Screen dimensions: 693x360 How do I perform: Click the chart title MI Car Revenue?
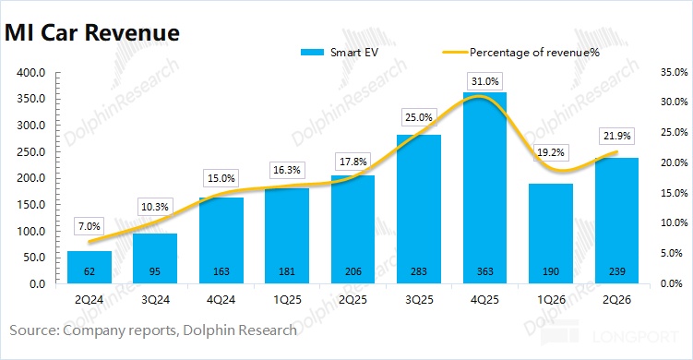92,32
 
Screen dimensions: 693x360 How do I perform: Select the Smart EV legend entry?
340,53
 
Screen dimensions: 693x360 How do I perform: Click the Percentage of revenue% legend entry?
521,53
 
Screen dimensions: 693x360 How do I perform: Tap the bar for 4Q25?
484,187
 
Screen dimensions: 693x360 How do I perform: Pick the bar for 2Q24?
90,267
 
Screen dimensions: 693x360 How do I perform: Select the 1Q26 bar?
551,234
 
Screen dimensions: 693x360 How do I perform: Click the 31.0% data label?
484,81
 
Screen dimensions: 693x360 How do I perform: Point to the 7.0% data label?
90,226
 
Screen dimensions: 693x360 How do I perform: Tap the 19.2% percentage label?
551,152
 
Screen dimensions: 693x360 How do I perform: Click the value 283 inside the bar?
419,271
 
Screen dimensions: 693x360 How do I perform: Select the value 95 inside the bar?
155,271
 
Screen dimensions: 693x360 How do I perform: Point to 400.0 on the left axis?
31,73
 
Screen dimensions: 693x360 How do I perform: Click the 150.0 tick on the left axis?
31,205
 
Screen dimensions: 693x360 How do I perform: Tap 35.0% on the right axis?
675,72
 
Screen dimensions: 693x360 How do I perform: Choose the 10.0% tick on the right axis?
675,222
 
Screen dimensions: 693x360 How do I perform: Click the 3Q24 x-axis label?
155,300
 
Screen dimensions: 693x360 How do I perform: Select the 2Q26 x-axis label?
617,300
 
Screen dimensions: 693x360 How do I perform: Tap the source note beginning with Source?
153,330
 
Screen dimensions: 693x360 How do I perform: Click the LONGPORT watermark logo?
610,333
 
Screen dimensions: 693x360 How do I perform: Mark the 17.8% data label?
353,162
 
